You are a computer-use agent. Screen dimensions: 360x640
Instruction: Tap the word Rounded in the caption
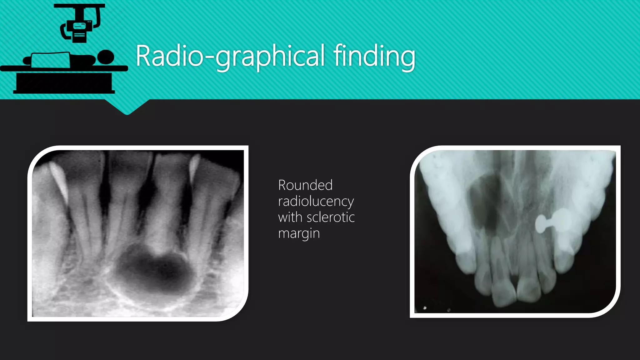coord(305,185)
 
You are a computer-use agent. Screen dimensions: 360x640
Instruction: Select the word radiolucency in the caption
coord(316,202)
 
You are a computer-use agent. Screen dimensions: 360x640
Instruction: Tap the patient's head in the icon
coord(106,57)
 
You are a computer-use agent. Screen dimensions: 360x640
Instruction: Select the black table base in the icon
coord(64,82)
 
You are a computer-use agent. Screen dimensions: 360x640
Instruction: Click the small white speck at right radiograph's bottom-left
coord(425,308)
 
